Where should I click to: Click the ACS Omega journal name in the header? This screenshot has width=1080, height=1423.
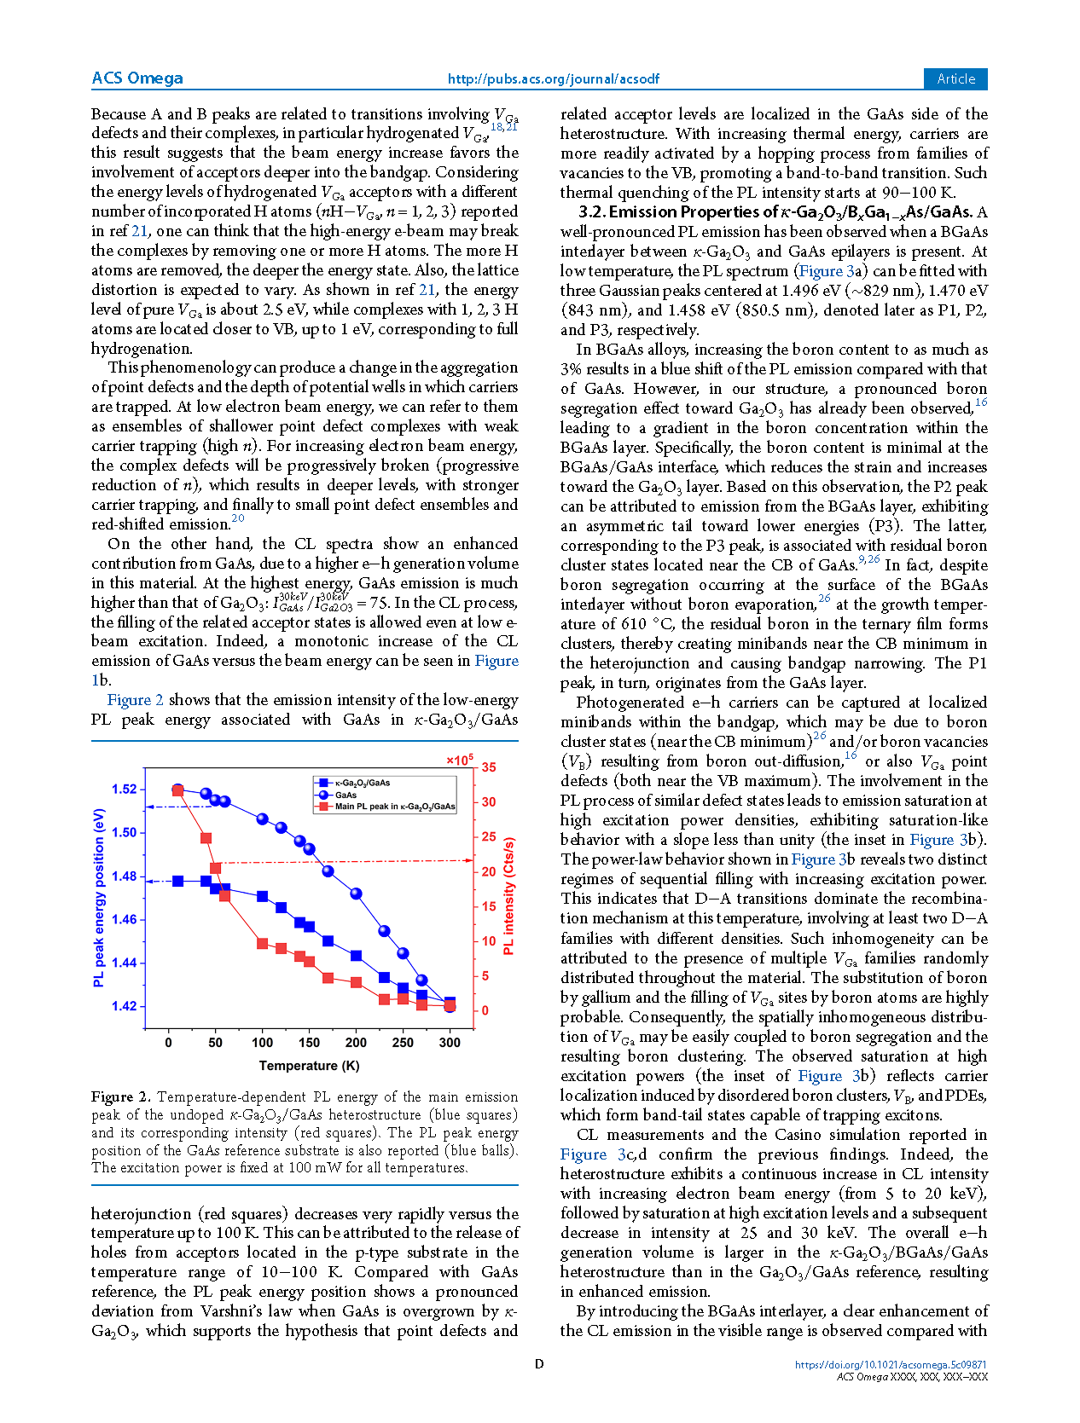pos(137,78)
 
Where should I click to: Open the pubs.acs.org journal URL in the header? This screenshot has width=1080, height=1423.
pos(553,79)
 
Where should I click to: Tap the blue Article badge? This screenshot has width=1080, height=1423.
pos(955,78)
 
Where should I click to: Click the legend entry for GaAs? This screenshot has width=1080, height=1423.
pos(345,795)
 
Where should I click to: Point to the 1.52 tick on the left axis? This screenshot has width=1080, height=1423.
pos(124,789)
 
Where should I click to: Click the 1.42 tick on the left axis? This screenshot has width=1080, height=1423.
pos(124,1006)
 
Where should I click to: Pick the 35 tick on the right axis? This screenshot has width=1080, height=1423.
pos(489,767)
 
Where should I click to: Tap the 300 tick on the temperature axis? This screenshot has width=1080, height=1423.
pos(450,1042)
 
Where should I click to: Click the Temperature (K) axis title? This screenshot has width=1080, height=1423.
pos(309,1066)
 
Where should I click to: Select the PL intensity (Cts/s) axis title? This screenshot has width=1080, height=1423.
pos(508,895)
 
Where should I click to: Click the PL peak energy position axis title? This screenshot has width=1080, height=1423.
pos(99,897)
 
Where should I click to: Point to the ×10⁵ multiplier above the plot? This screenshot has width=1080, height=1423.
pos(459,760)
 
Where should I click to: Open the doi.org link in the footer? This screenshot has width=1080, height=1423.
pos(891,1364)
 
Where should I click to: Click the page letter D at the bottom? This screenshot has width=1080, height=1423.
pos(539,1364)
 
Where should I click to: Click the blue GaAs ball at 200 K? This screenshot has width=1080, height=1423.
pos(357,894)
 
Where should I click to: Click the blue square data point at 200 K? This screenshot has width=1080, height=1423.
pos(357,956)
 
